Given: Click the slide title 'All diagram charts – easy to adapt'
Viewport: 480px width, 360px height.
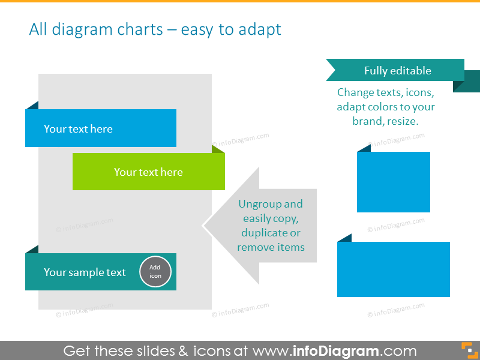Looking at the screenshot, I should tap(155, 29).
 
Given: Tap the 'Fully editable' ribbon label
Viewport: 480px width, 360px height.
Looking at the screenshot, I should tap(397, 71).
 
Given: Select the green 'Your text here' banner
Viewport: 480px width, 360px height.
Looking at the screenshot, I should tap(148, 172).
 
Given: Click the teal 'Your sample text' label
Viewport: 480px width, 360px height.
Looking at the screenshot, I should tap(85, 272).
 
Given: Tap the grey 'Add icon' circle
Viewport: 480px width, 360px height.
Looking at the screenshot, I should tap(155, 272).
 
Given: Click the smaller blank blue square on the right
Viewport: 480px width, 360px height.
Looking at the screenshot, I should tap(393, 182).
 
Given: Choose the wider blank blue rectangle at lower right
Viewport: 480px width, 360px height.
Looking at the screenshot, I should tap(393, 269).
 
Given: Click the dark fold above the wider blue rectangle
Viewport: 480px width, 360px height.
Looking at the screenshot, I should tap(344, 238).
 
